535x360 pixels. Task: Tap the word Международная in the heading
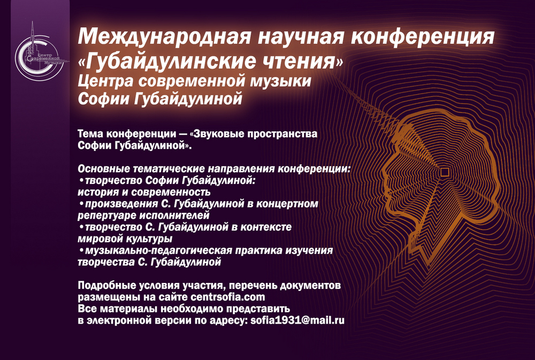point(165,36)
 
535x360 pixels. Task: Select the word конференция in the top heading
point(423,36)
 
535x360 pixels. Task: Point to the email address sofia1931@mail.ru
point(297,320)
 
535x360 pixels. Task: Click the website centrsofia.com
point(228,296)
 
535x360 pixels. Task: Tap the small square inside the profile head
point(444,172)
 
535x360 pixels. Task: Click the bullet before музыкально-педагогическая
point(81,251)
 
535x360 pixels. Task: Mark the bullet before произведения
point(81,204)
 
